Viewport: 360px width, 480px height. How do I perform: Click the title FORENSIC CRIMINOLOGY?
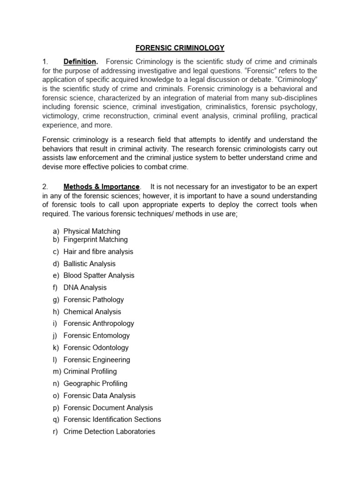click(x=180, y=48)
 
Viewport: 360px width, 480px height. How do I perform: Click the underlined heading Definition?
click(x=80, y=62)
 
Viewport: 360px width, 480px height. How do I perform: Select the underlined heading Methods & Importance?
click(x=101, y=187)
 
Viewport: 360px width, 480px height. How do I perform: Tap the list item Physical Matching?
click(x=92, y=231)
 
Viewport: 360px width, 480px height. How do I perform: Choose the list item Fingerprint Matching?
click(x=96, y=240)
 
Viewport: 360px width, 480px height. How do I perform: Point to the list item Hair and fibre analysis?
click(x=98, y=252)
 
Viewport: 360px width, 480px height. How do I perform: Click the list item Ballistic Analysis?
click(x=90, y=264)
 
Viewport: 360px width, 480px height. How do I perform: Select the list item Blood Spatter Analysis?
click(x=99, y=276)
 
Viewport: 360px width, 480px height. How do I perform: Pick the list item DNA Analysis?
click(x=85, y=288)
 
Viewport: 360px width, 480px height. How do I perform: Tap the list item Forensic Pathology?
click(x=94, y=300)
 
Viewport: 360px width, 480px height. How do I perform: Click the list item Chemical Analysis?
click(x=92, y=312)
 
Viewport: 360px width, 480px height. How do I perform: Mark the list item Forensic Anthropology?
click(x=99, y=323)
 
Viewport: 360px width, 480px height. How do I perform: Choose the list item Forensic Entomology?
click(x=97, y=336)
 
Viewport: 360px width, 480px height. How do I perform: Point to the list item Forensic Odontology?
click(x=96, y=348)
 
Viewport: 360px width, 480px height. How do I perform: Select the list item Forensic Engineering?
click(x=97, y=360)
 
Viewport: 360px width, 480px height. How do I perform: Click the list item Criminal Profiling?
click(x=90, y=372)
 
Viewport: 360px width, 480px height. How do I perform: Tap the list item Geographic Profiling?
click(x=96, y=383)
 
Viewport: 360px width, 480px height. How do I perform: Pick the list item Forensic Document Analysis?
click(x=108, y=408)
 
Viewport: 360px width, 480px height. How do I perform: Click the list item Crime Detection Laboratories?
click(x=109, y=432)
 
